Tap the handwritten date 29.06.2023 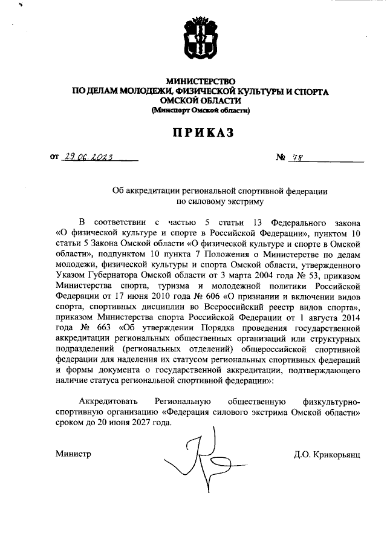coord(91,157)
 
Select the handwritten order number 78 coord(297,157)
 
